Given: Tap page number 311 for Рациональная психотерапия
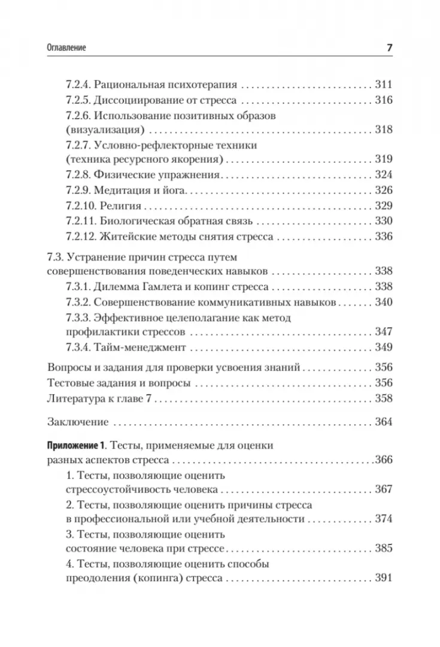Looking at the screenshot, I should [x=382, y=84].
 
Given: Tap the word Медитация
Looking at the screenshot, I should [x=123, y=190].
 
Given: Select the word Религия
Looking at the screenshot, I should [x=120, y=205].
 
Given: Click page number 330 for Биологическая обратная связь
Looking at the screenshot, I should [x=382, y=221].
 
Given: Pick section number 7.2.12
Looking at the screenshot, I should [x=81, y=237].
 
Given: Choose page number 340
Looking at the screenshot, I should [x=382, y=302].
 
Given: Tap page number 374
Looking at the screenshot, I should [x=382, y=519].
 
